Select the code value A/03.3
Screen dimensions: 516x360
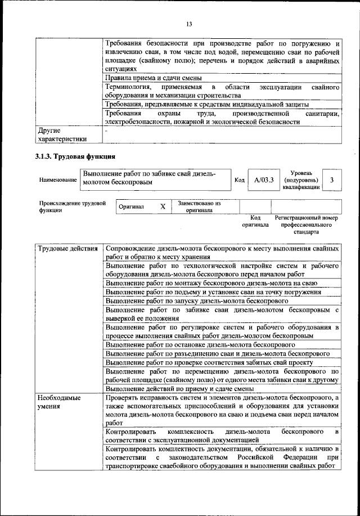click(x=263, y=180)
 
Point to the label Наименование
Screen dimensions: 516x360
click(x=58, y=180)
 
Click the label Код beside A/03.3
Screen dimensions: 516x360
click(x=239, y=180)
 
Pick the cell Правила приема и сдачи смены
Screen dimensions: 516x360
click(x=154, y=78)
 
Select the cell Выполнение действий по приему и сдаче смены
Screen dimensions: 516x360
click(x=182, y=388)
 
